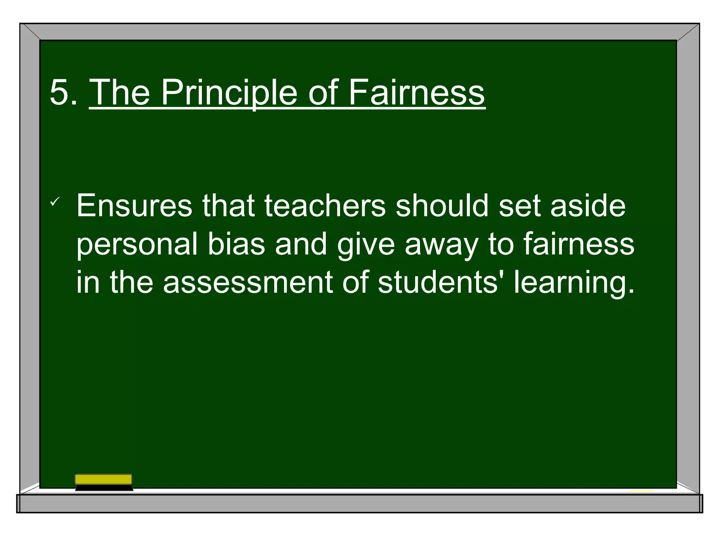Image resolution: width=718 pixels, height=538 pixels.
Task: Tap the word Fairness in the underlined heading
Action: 416,92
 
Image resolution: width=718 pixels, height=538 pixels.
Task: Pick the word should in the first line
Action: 442,206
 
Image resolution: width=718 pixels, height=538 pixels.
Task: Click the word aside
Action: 588,206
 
